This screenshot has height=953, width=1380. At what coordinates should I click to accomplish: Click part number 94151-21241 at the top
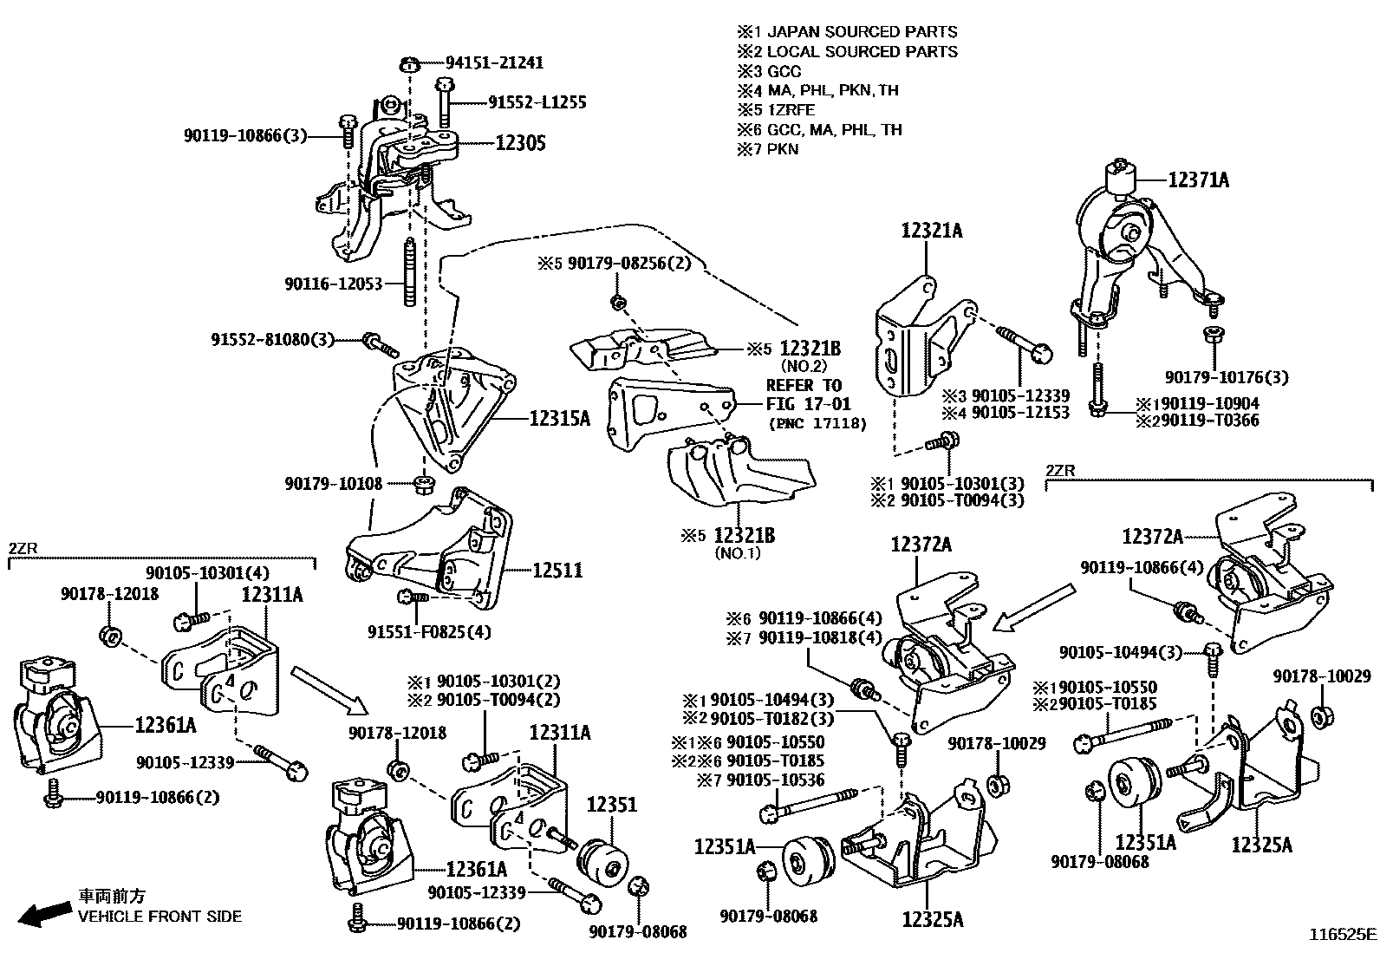(494, 62)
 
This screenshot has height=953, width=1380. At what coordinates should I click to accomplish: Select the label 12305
(520, 143)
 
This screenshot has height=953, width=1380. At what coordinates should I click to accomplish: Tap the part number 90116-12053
(333, 284)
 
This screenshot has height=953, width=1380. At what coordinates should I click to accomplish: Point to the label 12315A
(560, 419)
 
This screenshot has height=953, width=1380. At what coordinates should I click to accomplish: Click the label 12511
(557, 571)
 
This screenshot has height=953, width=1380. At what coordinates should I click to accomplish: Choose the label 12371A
(1198, 180)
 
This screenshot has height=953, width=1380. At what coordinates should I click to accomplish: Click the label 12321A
(932, 231)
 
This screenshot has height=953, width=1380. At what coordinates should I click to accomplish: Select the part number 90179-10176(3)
(1226, 377)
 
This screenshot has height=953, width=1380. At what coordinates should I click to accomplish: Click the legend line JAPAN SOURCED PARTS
(862, 32)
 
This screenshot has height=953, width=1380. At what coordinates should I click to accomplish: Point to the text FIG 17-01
(808, 403)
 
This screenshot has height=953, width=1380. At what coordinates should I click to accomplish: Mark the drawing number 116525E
(1342, 935)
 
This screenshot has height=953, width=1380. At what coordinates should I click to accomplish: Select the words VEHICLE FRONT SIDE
(160, 917)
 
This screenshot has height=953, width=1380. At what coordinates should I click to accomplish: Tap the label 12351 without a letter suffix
(613, 804)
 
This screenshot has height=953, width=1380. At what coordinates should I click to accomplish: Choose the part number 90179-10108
(333, 483)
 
